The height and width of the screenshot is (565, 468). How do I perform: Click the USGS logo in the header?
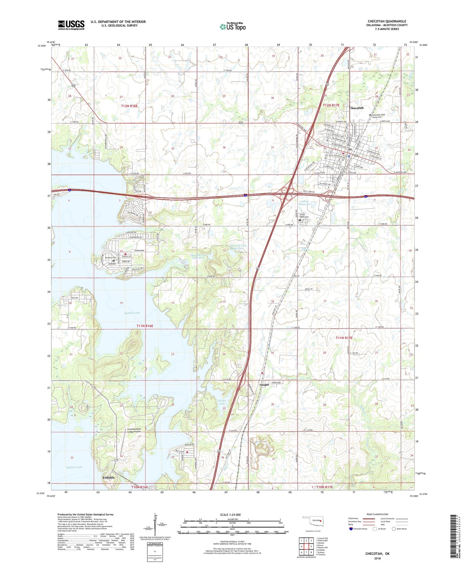click(x=71, y=25)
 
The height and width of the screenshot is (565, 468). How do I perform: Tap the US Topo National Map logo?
click(x=233, y=26)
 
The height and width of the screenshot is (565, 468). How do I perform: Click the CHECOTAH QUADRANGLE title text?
click(x=387, y=21)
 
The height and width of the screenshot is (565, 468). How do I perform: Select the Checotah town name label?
click(x=356, y=108)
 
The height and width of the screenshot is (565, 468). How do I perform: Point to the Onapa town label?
click(x=264, y=385)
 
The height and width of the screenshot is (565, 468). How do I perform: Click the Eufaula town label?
click(x=108, y=478)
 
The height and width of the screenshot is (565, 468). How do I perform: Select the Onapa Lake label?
click(x=222, y=402)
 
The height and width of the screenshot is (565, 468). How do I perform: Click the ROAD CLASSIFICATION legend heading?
click(x=377, y=514)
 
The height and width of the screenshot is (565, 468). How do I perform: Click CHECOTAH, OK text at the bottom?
click(x=377, y=554)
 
